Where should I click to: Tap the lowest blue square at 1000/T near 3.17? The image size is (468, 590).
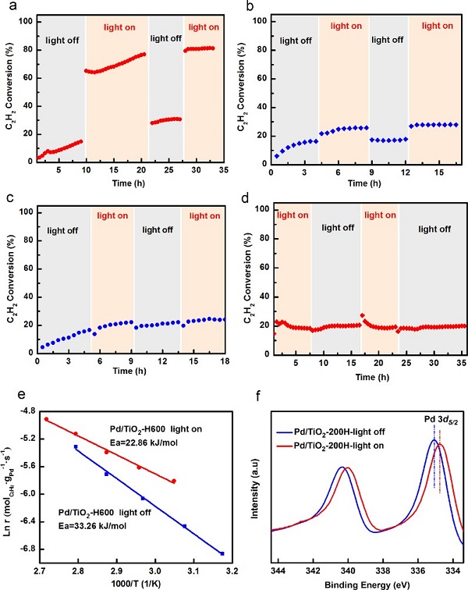pos(222,553)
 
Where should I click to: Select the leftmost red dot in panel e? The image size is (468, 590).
pos(47,419)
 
